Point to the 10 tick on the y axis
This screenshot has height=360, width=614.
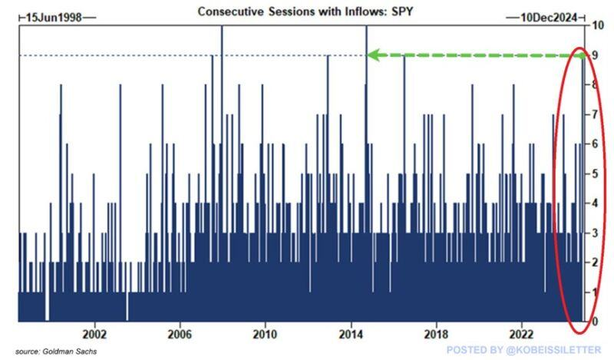(599, 25)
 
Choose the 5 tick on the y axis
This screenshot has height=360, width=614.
(599, 173)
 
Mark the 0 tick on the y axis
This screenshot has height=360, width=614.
(599, 322)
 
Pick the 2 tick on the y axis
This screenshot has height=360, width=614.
(599, 263)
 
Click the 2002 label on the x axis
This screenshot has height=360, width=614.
(94, 335)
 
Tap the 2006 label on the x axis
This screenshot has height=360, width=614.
(179, 335)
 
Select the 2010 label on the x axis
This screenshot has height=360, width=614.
(265, 335)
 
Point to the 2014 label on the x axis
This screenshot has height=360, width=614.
(351, 335)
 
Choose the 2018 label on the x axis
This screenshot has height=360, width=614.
(436, 335)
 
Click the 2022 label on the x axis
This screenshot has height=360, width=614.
(522, 335)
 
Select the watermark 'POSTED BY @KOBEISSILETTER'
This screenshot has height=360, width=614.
(520, 352)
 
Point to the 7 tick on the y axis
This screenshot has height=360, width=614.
(599, 114)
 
